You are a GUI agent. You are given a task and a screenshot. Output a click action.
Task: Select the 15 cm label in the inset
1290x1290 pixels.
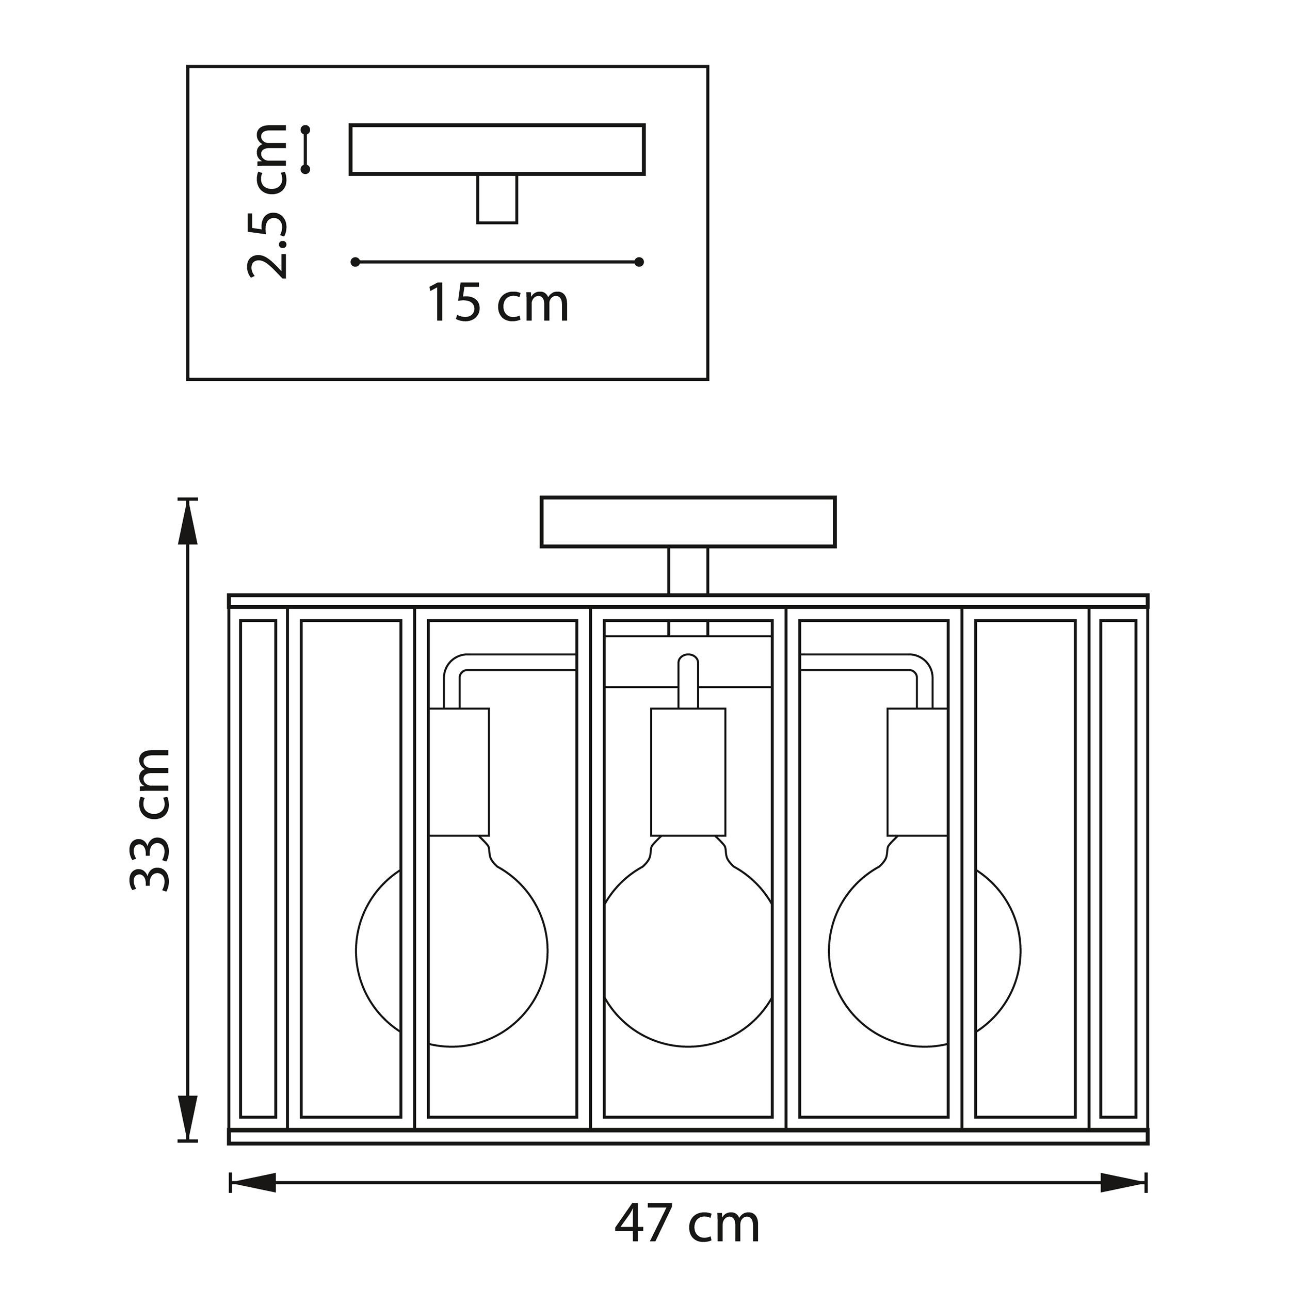(498, 303)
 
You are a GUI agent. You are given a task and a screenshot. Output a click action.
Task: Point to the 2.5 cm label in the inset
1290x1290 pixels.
(267, 201)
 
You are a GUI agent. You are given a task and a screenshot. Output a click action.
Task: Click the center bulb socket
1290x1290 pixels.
(688, 771)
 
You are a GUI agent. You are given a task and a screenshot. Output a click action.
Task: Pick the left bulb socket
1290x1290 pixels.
(459, 771)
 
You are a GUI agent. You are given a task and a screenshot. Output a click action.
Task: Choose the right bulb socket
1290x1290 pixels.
(917, 771)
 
